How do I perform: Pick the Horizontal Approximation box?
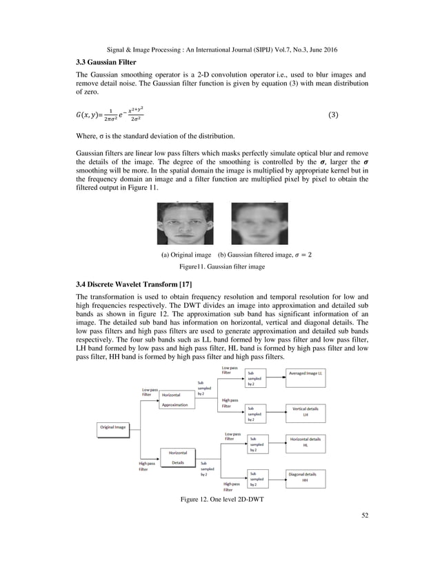[178, 400]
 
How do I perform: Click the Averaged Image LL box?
[306, 373]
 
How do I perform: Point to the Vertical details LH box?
[305, 412]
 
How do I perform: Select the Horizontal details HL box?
[305, 442]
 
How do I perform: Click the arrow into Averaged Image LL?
[275, 373]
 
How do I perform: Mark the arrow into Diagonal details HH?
[275, 477]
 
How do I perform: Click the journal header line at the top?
[220, 50]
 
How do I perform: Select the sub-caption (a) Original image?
[186, 255]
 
